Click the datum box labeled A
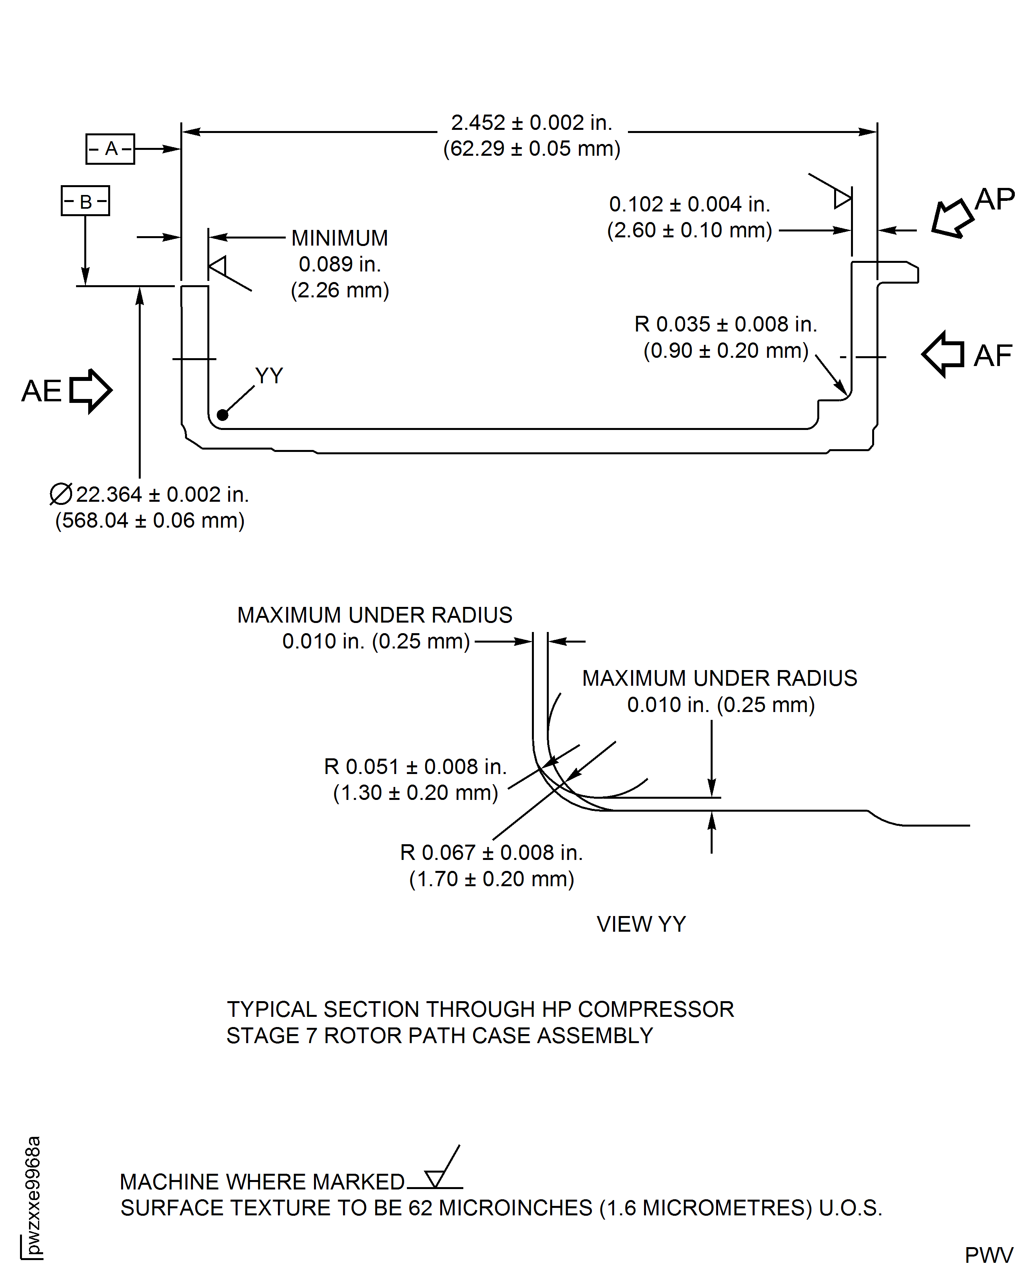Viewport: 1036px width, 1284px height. [x=111, y=149]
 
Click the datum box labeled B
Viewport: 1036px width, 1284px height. [x=85, y=201]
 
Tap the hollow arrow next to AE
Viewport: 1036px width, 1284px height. [x=91, y=391]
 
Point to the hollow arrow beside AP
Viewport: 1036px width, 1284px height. [x=953, y=218]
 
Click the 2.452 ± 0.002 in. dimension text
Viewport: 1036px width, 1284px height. [x=531, y=122]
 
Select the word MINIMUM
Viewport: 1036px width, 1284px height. [x=339, y=238]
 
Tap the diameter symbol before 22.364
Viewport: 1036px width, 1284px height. [x=61, y=494]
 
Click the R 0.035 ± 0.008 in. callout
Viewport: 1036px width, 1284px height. [x=725, y=324]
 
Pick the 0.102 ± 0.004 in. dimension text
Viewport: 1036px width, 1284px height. [x=689, y=204]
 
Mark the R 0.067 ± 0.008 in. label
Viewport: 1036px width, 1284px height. [x=491, y=852]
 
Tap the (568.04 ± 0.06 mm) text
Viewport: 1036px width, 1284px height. [x=150, y=520]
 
